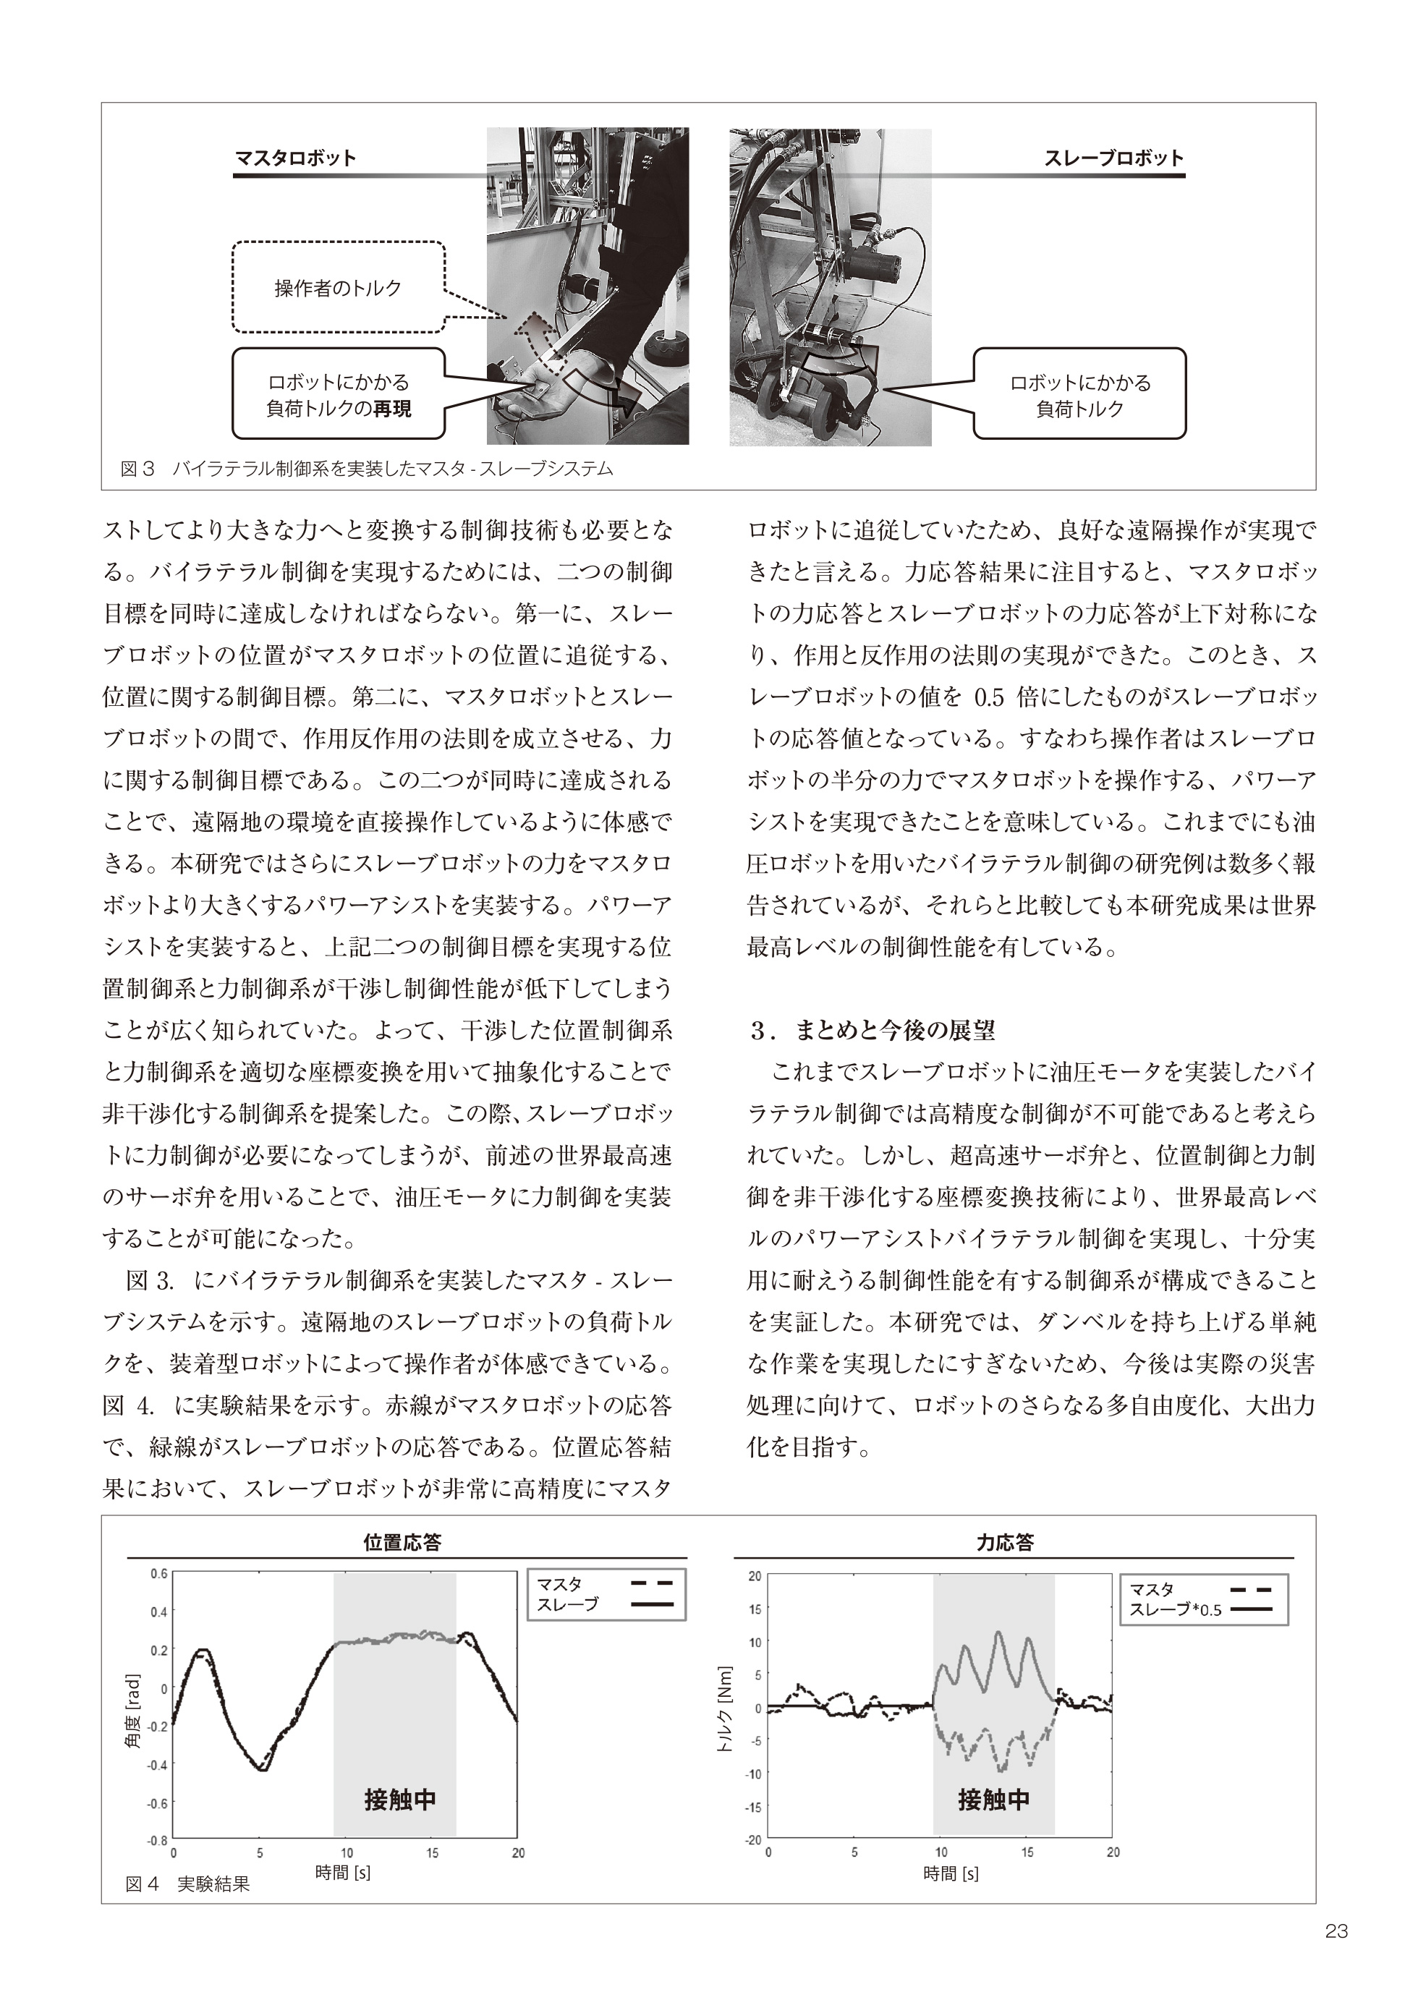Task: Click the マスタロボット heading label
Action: point(295,158)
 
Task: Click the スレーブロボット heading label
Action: point(1113,158)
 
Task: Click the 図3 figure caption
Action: point(366,469)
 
